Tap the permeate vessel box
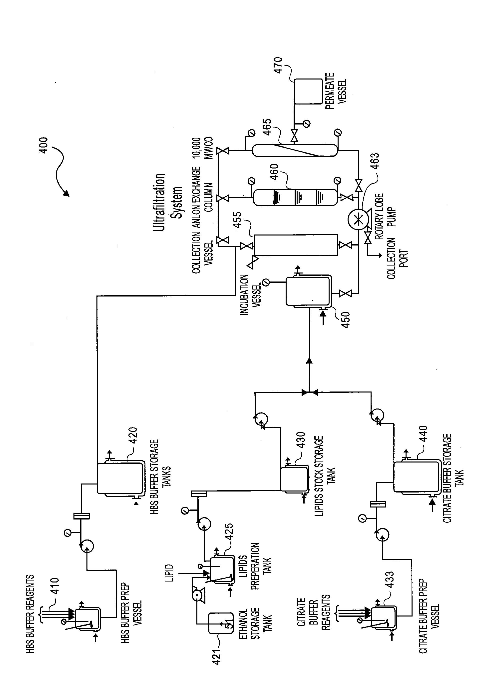pyautogui.click(x=308, y=91)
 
